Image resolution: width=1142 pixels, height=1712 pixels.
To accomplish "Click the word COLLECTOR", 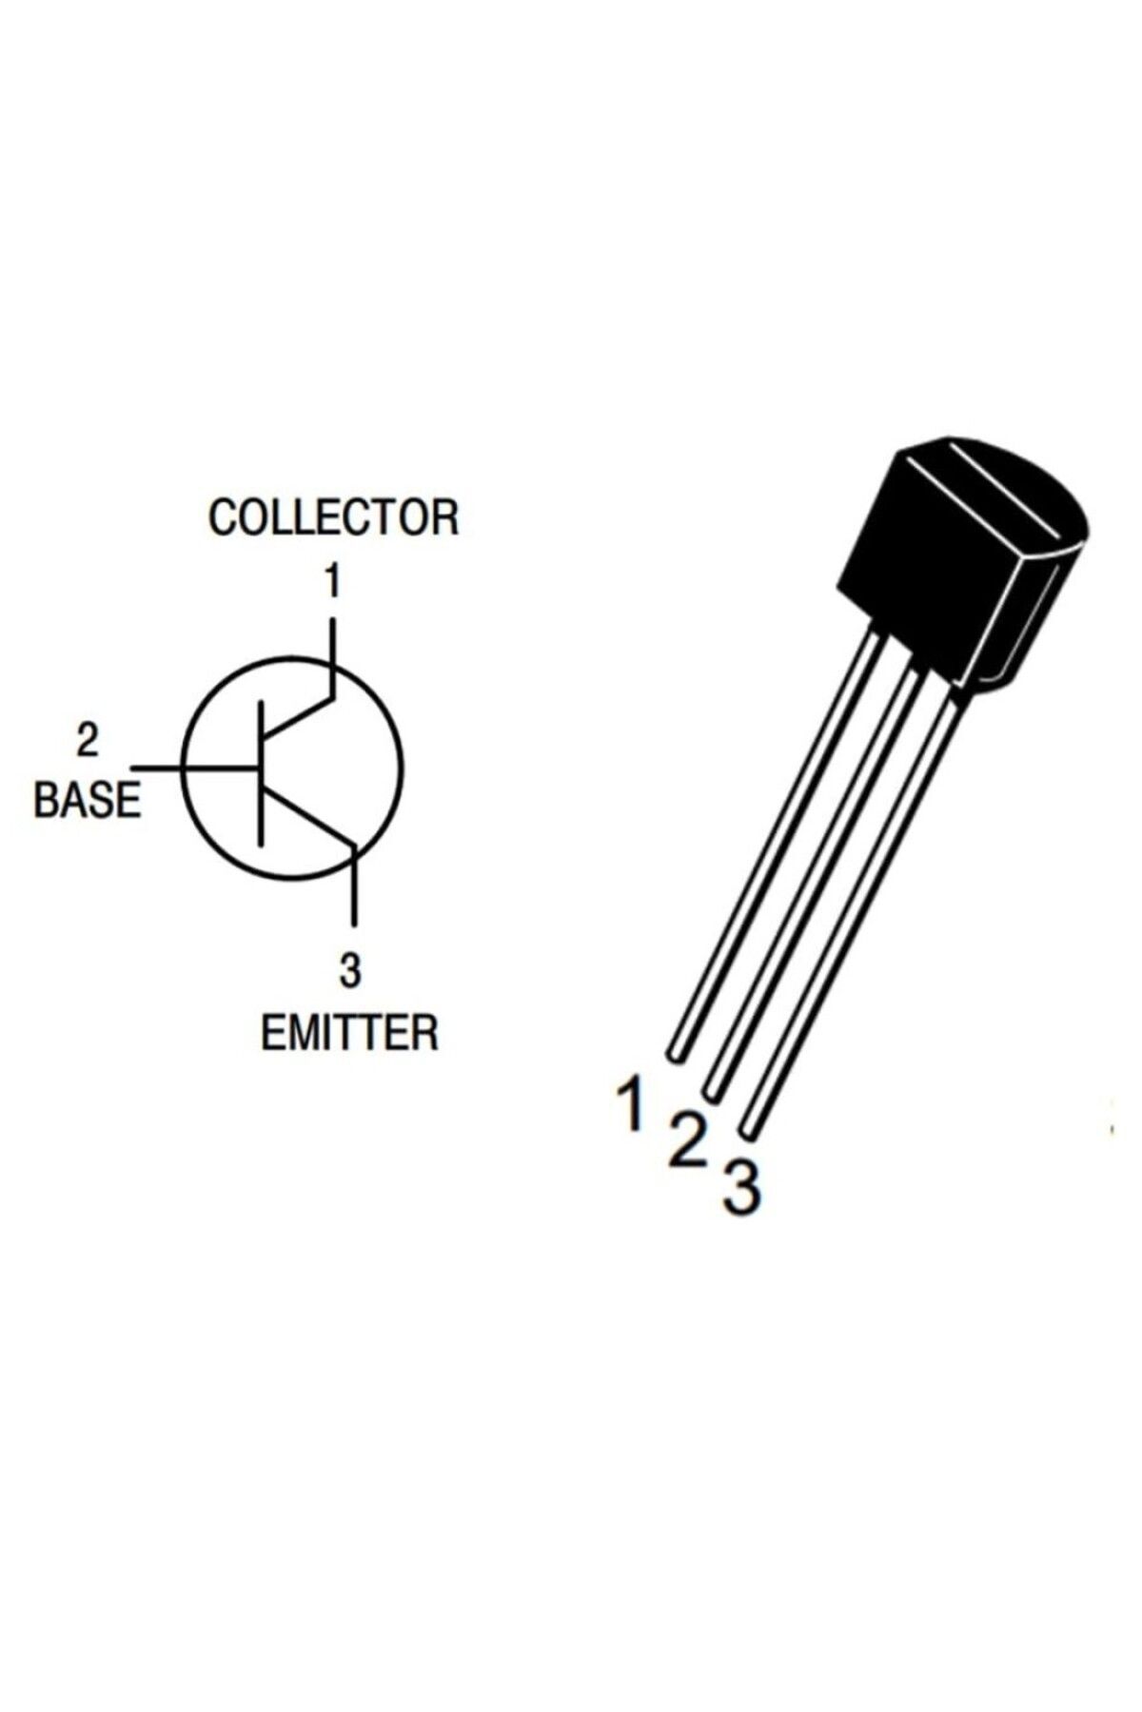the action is coord(333,517).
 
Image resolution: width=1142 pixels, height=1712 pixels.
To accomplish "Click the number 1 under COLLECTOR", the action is coord(331,582).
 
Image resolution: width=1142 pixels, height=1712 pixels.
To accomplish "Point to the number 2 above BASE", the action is coord(88,741).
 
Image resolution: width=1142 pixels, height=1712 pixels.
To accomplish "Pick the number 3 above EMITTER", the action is coord(349,971).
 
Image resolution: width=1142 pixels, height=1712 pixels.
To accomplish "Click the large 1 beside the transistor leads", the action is coord(630,1102).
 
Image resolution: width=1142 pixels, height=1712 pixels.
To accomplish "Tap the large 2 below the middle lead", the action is coord(687,1141).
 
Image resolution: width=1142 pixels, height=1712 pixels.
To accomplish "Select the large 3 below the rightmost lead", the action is coord(742,1186).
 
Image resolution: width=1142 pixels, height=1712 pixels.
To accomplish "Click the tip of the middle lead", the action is coord(712,1088).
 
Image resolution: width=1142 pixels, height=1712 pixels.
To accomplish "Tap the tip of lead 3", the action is coord(749,1128).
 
